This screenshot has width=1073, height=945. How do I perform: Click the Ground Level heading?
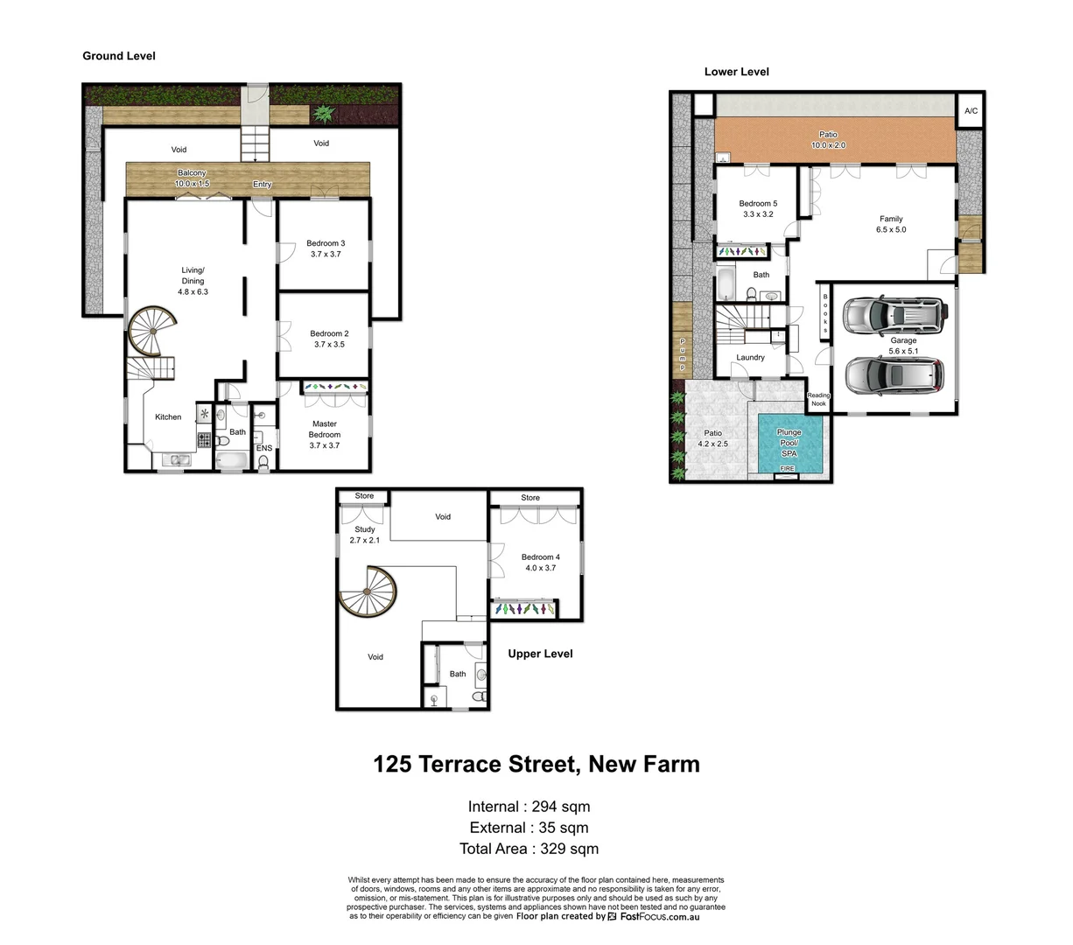[x=119, y=56]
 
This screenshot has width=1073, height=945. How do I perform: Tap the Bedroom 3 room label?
[x=326, y=243]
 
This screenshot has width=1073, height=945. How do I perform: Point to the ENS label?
[x=264, y=448]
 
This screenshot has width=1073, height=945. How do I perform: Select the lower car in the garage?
[x=894, y=374]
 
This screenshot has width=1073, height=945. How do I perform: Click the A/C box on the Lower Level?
[x=971, y=111]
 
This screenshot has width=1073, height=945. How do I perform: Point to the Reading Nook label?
[x=818, y=400]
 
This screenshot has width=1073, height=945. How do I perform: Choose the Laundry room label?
[x=750, y=357]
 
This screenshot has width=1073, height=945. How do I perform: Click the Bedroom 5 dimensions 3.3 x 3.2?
[x=758, y=214]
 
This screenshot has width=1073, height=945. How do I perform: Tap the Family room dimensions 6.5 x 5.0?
[x=891, y=230]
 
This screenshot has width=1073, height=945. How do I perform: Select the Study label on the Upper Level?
[x=365, y=529]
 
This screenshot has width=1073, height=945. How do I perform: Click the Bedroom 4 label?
[x=540, y=557]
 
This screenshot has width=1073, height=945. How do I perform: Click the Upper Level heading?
[x=540, y=654]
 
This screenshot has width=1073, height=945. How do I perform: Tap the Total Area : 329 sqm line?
[x=529, y=849]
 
